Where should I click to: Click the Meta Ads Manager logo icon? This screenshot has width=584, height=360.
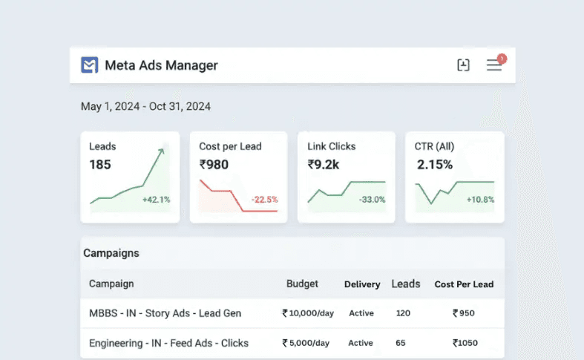click(90, 65)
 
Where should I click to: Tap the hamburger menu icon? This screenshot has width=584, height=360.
click(494, 65)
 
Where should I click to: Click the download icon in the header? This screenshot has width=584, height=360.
click(464, 65)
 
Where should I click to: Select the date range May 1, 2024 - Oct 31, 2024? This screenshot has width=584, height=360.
click(145, 107)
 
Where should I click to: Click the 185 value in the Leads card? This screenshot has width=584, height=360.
click(100, 165)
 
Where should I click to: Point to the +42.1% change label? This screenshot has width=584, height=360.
click(156, 200)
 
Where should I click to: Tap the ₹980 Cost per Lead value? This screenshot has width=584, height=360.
click(214, 165)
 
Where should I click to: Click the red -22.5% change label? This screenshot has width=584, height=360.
click(264, 200)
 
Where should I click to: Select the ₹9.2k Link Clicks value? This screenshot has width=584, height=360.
click(324, 165)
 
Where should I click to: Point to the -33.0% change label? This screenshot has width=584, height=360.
click(372, 200)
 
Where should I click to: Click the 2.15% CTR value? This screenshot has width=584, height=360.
click(435, 165)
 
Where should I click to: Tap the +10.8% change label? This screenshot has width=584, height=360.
click(480, 200)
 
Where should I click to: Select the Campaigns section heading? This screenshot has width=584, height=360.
click(111, 253)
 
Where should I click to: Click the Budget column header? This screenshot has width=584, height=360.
click(302, 284)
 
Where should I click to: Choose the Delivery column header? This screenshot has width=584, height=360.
click(362, 284)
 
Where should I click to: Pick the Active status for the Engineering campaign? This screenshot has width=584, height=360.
click(361, 343)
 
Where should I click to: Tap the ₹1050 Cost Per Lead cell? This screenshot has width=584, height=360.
click(465, 343)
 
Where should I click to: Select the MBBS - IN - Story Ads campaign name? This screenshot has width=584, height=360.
click(165, 313)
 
